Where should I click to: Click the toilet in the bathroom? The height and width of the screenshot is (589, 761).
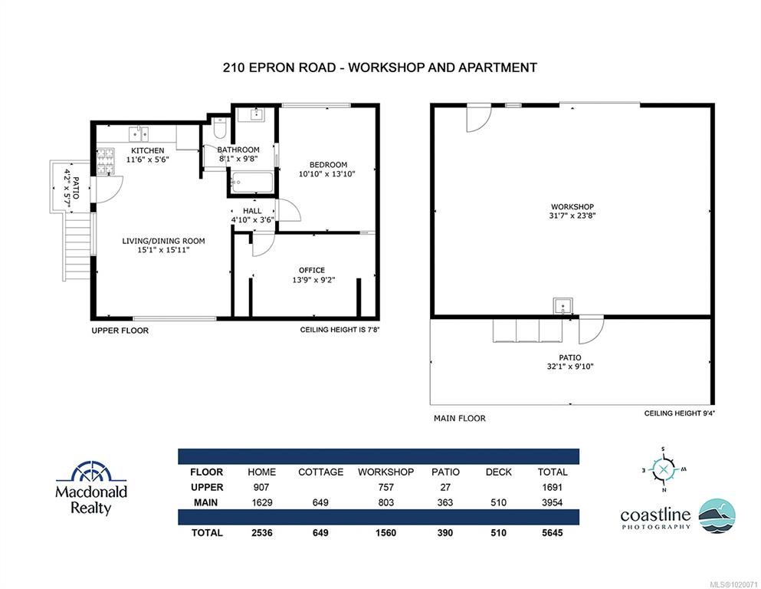[220, 128]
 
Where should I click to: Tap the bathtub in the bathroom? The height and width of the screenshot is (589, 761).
[252, 183]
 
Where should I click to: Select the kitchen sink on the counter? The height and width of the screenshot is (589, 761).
[139, 133]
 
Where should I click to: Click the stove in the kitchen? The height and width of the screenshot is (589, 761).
[106, 162]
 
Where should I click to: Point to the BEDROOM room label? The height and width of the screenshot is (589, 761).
[328, 165]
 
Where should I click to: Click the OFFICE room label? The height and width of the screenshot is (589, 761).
[312, 270]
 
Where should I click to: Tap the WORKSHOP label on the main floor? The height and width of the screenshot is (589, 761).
[572, 207]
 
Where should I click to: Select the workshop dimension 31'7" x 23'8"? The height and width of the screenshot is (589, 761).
[572, 216]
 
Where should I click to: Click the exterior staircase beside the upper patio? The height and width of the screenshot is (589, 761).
[77, 246]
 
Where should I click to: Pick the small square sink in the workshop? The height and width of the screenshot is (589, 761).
[563, 307]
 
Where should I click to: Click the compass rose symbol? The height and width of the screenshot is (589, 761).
[664, 469]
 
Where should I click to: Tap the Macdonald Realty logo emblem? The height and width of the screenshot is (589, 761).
[91, 472]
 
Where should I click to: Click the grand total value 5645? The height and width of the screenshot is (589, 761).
[553, 533]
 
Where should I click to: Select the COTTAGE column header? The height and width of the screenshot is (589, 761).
[320, 472]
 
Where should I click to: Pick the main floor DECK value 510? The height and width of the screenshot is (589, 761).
[498, 502]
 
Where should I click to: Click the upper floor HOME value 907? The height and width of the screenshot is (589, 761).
[261, 487]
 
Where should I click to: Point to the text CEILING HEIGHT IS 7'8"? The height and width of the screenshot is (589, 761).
[339, 330]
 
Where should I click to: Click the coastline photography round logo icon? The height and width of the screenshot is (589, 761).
[717, 515]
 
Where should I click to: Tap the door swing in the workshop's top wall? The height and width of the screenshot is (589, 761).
[479, 118]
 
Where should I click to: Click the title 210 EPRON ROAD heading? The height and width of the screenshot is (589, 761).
[279, 67]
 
